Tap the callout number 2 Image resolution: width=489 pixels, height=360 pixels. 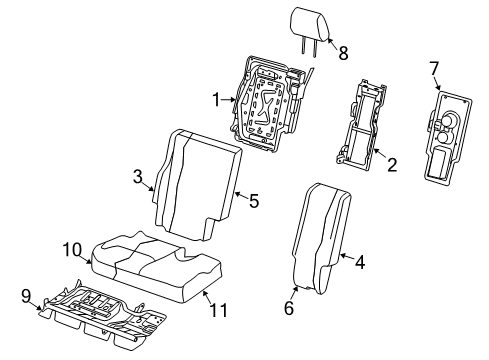(391, 164)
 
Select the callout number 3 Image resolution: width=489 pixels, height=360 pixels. (138, 177)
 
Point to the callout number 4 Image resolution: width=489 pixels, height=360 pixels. (359, 263)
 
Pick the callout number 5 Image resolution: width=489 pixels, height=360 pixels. (254, 201)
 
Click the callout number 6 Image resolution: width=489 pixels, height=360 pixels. (288, 309)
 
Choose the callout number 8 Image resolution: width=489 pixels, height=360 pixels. (343, 53)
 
